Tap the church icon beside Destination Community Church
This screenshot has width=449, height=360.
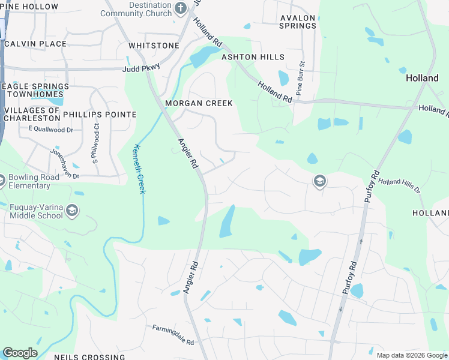tap(181, 8)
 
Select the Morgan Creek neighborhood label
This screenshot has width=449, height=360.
tap(199, 103)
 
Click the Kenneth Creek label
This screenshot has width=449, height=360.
tap(139, 169)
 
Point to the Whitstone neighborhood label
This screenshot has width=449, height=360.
tap(154, 46)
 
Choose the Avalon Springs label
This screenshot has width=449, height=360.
tap(298, 22)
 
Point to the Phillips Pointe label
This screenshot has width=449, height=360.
tap(100, 114)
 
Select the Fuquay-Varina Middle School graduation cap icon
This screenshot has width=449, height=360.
tap(72, 210)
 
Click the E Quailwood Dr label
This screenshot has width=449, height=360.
tap(50, 129)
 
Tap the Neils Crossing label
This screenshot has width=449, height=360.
tap(89, 357)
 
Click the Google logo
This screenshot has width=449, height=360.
tap(20, 353)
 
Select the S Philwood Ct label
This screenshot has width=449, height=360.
tap(94, 143)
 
